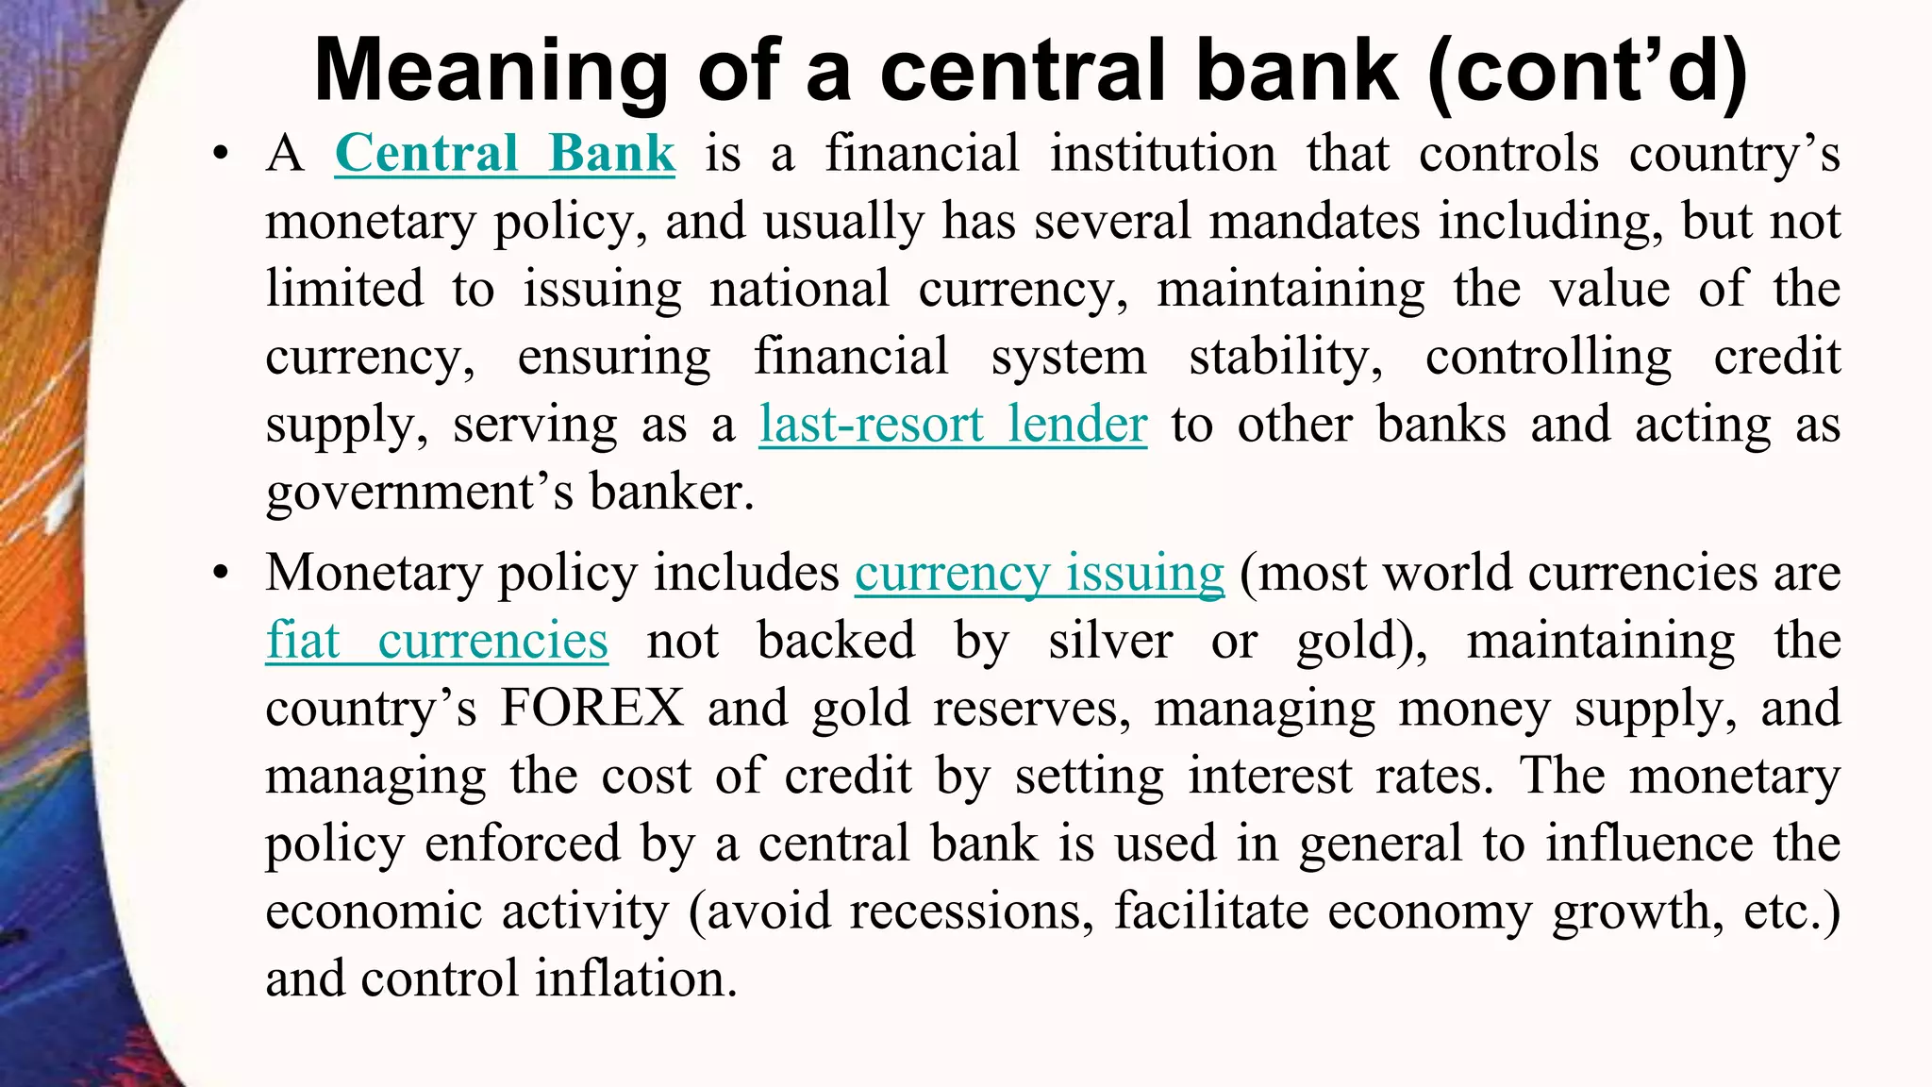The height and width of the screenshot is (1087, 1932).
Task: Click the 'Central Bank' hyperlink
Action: (505, 154)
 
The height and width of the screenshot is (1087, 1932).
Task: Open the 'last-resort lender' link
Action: (953, 425)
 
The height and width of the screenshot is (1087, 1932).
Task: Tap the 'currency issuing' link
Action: (1040, 574)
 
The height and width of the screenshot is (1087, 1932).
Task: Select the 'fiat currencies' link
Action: (437, 642)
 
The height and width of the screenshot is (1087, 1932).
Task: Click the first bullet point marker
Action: (221, 155)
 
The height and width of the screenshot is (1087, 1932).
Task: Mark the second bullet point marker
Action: (221, 574)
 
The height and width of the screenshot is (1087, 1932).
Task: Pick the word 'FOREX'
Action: (592, 709)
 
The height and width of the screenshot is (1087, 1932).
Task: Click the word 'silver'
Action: (1110, 642)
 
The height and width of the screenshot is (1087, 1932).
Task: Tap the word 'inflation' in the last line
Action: (636, 979)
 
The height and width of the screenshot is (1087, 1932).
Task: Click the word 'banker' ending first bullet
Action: (672, 493)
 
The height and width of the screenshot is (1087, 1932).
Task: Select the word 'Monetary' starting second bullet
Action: (373, 574)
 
